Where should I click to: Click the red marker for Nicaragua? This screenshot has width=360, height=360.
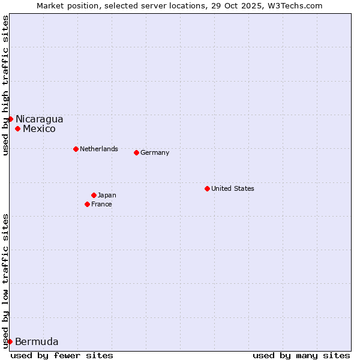click(x=10, y=119)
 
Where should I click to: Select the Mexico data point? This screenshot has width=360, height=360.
click(x=18, y=128)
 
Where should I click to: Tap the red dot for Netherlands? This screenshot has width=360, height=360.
click(x=76, y=149)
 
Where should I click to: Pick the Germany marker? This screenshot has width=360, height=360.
click(x=136, y=152)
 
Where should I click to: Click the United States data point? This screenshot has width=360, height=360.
click(x=207, y=188)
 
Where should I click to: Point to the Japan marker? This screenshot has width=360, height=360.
click(x=94, y=195)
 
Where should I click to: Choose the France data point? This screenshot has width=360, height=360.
click(x=88, y=204)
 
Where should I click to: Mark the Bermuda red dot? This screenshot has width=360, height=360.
click(x=10, y=341)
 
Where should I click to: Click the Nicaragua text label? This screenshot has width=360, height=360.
click(x=39, y=119)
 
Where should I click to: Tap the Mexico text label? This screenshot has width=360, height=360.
click(x=39, y=128)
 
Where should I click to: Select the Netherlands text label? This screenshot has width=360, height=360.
click(x=99, y=149)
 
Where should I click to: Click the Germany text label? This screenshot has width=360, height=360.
click(x=155, y=152)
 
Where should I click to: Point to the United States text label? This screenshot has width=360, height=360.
click(x=233, y=188)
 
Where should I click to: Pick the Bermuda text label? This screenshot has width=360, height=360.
click(x=37, y=342)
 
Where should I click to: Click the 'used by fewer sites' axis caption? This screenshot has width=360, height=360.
click(x=62, y=355)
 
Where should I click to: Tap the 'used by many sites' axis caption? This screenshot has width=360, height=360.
click(x=301, y=355)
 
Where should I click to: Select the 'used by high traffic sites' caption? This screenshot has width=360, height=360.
click(x=5, y=85)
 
